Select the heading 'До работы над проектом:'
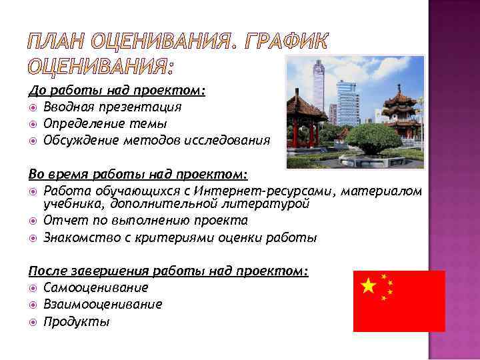click(117, 89)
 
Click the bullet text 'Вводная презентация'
click(112, 106)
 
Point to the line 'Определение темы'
click(105, 123)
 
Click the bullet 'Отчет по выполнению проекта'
click(145, 220)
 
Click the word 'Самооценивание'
click(96, 288)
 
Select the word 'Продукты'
click(76, 321)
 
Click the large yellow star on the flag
click(367, 287)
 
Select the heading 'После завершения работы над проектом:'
click(169, 271)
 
